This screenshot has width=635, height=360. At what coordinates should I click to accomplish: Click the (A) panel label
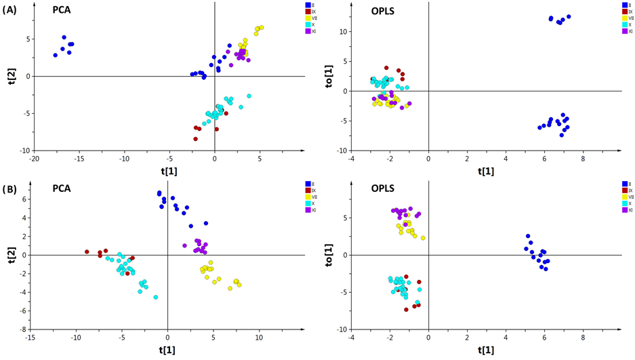pos(10,10)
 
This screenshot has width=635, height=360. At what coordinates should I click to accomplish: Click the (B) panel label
pos(10,188)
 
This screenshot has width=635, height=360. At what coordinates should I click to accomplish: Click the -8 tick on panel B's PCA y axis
pos(22,329)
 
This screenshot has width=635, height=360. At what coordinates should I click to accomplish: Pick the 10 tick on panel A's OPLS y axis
pos(344,32)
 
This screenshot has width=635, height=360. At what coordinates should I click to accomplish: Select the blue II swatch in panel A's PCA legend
pos(308,5)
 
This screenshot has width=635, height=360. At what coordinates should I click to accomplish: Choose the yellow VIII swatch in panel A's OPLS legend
pos(624,18)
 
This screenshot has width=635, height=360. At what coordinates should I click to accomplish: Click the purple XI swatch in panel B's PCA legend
pos(308,210)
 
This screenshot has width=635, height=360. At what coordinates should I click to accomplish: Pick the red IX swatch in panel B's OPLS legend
pos(624,191)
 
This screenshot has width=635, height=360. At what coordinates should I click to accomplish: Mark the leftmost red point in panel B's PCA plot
pos(87,252)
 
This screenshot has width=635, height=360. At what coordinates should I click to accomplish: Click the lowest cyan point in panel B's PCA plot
pos(156,297)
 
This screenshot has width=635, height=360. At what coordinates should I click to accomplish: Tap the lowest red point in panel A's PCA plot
pos(195,139)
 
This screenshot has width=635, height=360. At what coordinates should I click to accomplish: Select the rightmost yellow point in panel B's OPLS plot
pos(423,238)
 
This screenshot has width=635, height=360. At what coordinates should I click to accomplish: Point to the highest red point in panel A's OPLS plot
pos(386,68)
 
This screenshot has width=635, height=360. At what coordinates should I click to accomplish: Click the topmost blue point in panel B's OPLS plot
pos(528,236)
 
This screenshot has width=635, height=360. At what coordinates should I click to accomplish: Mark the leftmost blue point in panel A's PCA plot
pos(56,55)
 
